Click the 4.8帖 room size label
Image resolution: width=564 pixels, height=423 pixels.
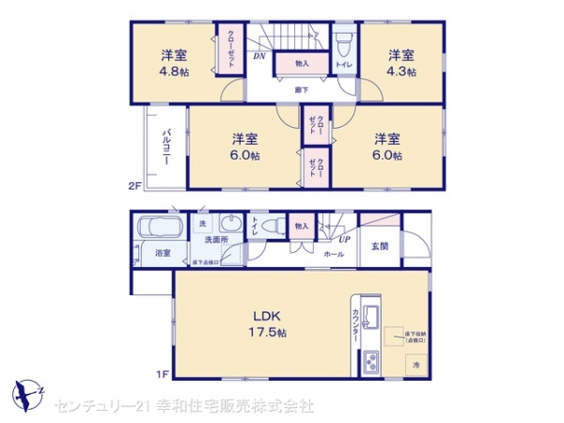pyautogui.click(x=174, y=64)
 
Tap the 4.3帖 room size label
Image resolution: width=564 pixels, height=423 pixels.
pyautogui.click(x=401, y=64)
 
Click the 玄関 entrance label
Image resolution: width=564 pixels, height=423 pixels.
pyautogui.click(x=379, y=246)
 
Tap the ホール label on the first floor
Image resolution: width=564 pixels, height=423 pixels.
pyautogui.click(x=333, y=254)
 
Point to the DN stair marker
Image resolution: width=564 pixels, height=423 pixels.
pyautogui.click(x=259, y=56)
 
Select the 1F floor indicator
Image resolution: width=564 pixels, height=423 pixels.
pyautogui.click(x=161, y=375)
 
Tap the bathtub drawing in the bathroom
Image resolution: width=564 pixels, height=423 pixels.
pyautogui.click(x=158, y=227)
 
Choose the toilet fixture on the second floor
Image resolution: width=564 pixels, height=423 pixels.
pyautogui.click(x=344, y=43)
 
